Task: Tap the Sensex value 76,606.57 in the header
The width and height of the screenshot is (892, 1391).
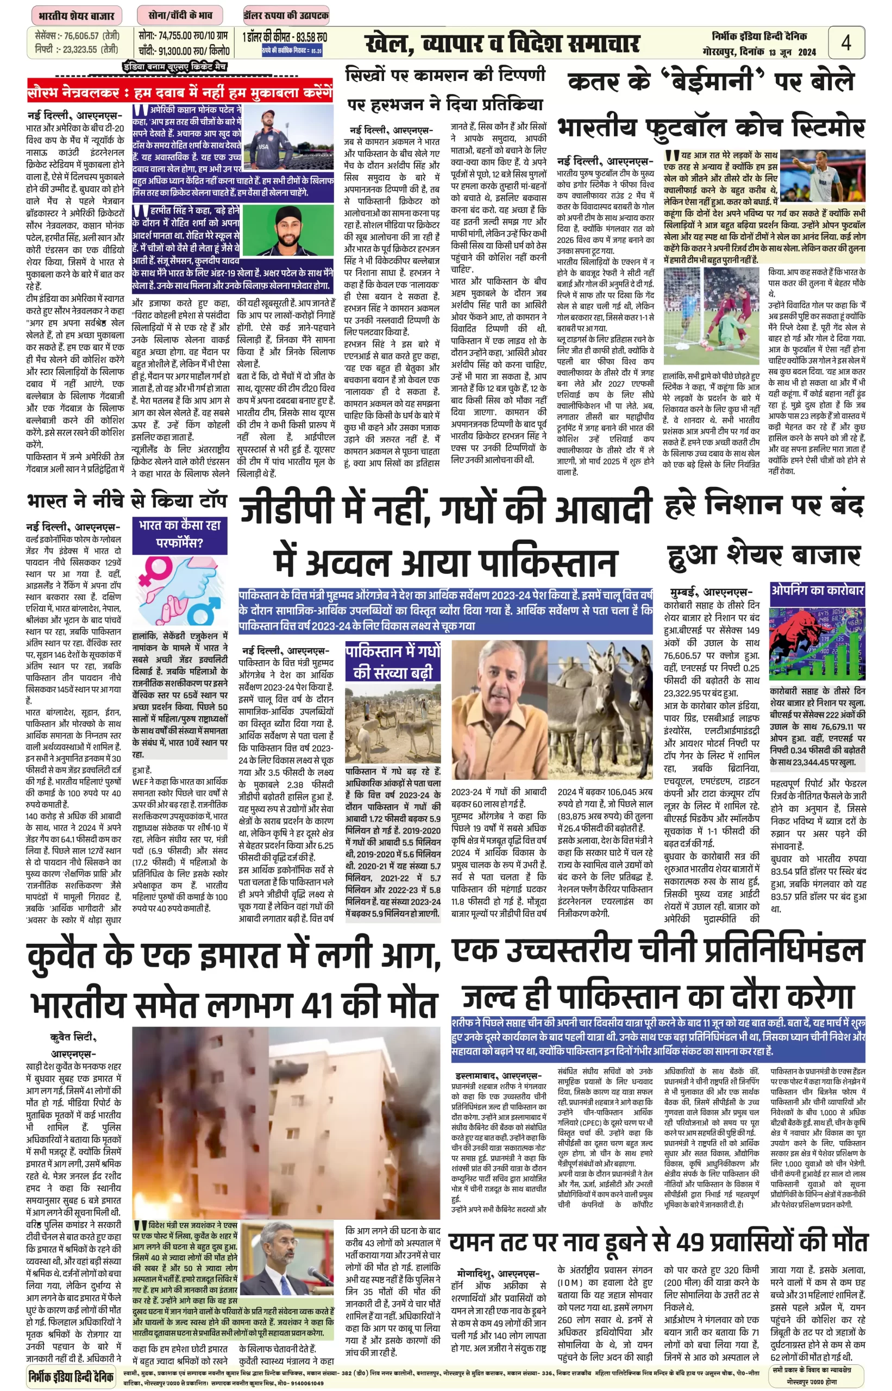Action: [81, 36]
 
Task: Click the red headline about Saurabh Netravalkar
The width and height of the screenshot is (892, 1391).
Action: [180, 92]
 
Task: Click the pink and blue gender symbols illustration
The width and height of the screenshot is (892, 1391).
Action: [180, 591]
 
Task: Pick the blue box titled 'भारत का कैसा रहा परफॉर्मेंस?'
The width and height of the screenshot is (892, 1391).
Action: [180, 534]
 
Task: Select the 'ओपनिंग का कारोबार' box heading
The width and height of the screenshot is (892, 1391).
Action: [816, 590]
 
